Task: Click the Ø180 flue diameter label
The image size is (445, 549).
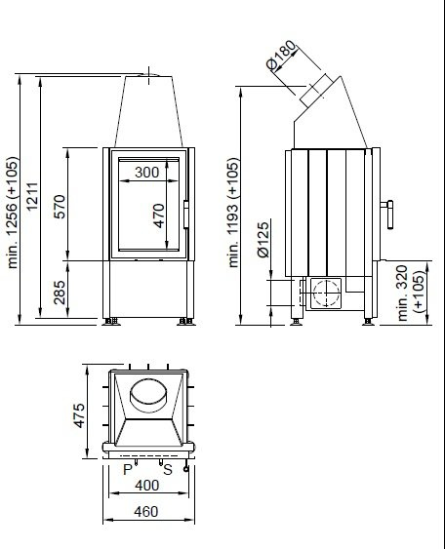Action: [x=281, y=55]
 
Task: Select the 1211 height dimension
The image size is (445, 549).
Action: [x=32, y=196]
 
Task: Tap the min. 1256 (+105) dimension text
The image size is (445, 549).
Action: [x=13, y=213]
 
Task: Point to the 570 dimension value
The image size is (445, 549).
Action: [x=60, y=207]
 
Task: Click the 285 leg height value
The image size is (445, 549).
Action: [x=60, y=293]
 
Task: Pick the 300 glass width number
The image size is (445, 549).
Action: [x=146, y=173]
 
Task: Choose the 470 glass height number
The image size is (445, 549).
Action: [x=159, y=216]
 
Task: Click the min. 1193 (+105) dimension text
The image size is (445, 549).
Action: [x=233, y=213]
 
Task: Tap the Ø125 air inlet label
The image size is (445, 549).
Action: [x=263, y=239]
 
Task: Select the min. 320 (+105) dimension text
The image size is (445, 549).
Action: [x=412, y=294]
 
